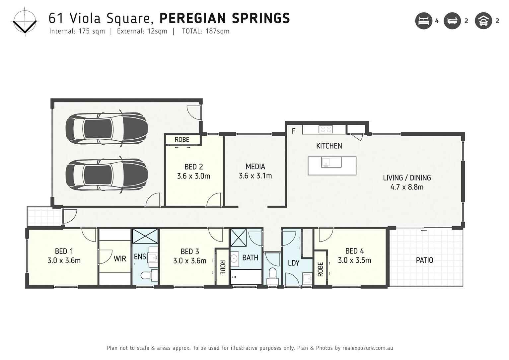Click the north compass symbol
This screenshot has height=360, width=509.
pyautogui.click(x=25, y=23)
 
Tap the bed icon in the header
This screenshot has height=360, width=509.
pyautogui.click(x=424, y=21)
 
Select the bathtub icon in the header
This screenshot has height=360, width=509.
pyautogui.click(x=452, y=21)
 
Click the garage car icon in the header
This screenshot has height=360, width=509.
pyautogui.click(x=483, y=21)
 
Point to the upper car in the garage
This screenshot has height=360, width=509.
pyautogui.click(x=106, y=129)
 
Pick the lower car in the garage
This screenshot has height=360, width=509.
pyautogui.click(x=106, y=175)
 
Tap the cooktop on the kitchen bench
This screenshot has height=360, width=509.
pyautogui.click(x=326, y=129)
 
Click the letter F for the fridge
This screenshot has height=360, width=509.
pyautogui.click(x=294, y=131)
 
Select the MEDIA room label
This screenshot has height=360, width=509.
pyautogui.click(x=255, y=167)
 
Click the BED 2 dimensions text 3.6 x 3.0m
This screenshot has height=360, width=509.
pyautogui.click(x=193, y=176)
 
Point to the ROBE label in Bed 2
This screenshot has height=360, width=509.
pyautogui.click(x=182, y=140)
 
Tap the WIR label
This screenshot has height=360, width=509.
pyautogui.click(x=120, y=258)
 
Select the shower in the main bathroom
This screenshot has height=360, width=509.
pyautogui.click(x=238, y=238)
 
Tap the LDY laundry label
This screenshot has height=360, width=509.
pyautogui.click(x=293, y=263)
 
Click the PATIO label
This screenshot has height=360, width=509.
pyautogui.click(x=424, y=260)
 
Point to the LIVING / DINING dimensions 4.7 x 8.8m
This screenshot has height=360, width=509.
pyautogui.click(x=407, y=187)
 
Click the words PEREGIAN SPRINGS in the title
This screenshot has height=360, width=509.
pyautogui.click(x=225, y=18)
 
